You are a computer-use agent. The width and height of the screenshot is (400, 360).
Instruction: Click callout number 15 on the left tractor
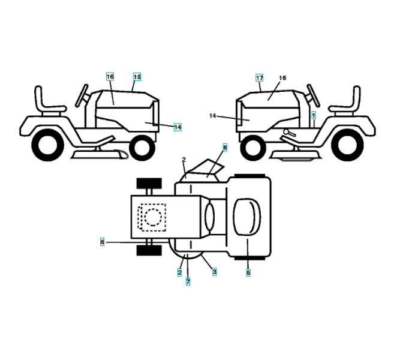[x=137, y=77]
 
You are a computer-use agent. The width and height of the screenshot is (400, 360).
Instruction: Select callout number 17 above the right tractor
[x=259, y=78]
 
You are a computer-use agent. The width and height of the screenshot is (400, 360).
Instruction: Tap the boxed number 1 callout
[x=314, y=114]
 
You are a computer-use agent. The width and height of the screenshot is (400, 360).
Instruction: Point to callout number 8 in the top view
[x=225, y=146]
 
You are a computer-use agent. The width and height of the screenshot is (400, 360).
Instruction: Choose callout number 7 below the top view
[x=188, y=281]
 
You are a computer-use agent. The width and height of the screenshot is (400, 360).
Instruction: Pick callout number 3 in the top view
[x=215, y=272]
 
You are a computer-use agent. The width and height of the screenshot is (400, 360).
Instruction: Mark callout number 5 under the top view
[x=248, y=272]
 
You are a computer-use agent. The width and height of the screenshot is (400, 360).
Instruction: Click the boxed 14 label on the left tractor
[x=178, y=127]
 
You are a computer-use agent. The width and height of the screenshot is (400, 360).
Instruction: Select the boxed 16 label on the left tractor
[x=110, y=77]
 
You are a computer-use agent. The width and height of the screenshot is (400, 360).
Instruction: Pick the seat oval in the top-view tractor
[x=246, y=217]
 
